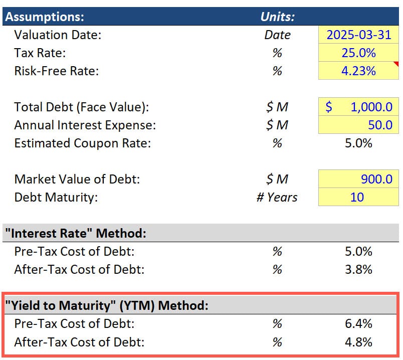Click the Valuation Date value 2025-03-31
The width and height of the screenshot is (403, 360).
tap(358, 35)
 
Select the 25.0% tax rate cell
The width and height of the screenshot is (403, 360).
tap(358, 53)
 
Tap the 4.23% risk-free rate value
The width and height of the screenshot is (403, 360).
tap(358, 71)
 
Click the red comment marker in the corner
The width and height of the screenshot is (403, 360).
tap(395, 64)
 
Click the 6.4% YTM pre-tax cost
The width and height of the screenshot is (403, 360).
tap(358, 323)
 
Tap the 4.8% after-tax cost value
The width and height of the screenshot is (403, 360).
tap(358, 342)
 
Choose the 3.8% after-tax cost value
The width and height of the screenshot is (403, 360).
tap(358, 269)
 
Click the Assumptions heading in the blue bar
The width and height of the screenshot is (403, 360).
tap(45, 17)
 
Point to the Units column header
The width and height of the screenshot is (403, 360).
tap(277, 17)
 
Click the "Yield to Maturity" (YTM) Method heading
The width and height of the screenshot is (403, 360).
tap(106, 305)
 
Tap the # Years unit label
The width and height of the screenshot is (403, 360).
tap(277, 197)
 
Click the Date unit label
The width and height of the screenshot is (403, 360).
tap(277, 35)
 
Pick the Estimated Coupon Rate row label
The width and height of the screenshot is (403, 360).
tap(82, 143)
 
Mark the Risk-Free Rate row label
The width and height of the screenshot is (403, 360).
tap(56, 71)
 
